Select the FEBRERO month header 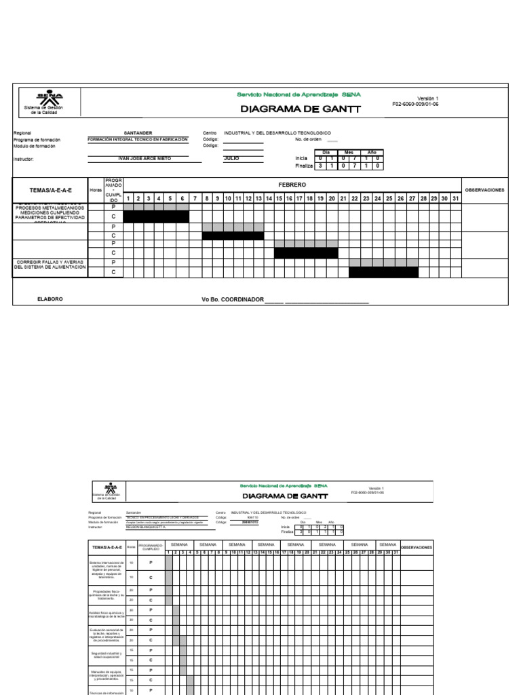click(x=292, y=185)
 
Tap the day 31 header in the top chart click(x=455, y=198)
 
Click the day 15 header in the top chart click(x=279, y=198)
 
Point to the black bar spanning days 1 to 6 click(x=156, y=217)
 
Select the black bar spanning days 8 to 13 click(x=233, y=236)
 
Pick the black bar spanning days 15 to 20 click(x=306, y=253)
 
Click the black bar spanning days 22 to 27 click(x=383, y=272)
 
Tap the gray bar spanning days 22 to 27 click(x=383, y=262)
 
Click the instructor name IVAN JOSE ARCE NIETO click(x=144, y=158)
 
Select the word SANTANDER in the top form click(x=138, y=133)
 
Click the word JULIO click(x=232, y=158)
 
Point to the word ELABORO click(x=50, y=299)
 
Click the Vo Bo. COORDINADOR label click(x=232, y=299)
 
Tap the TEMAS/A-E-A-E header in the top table click(x=50, y=190)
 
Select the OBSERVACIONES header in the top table click(x=484, y=190)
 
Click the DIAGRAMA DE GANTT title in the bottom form click(x=285, y=496)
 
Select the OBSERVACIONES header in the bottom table click(x=416, y=546)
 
